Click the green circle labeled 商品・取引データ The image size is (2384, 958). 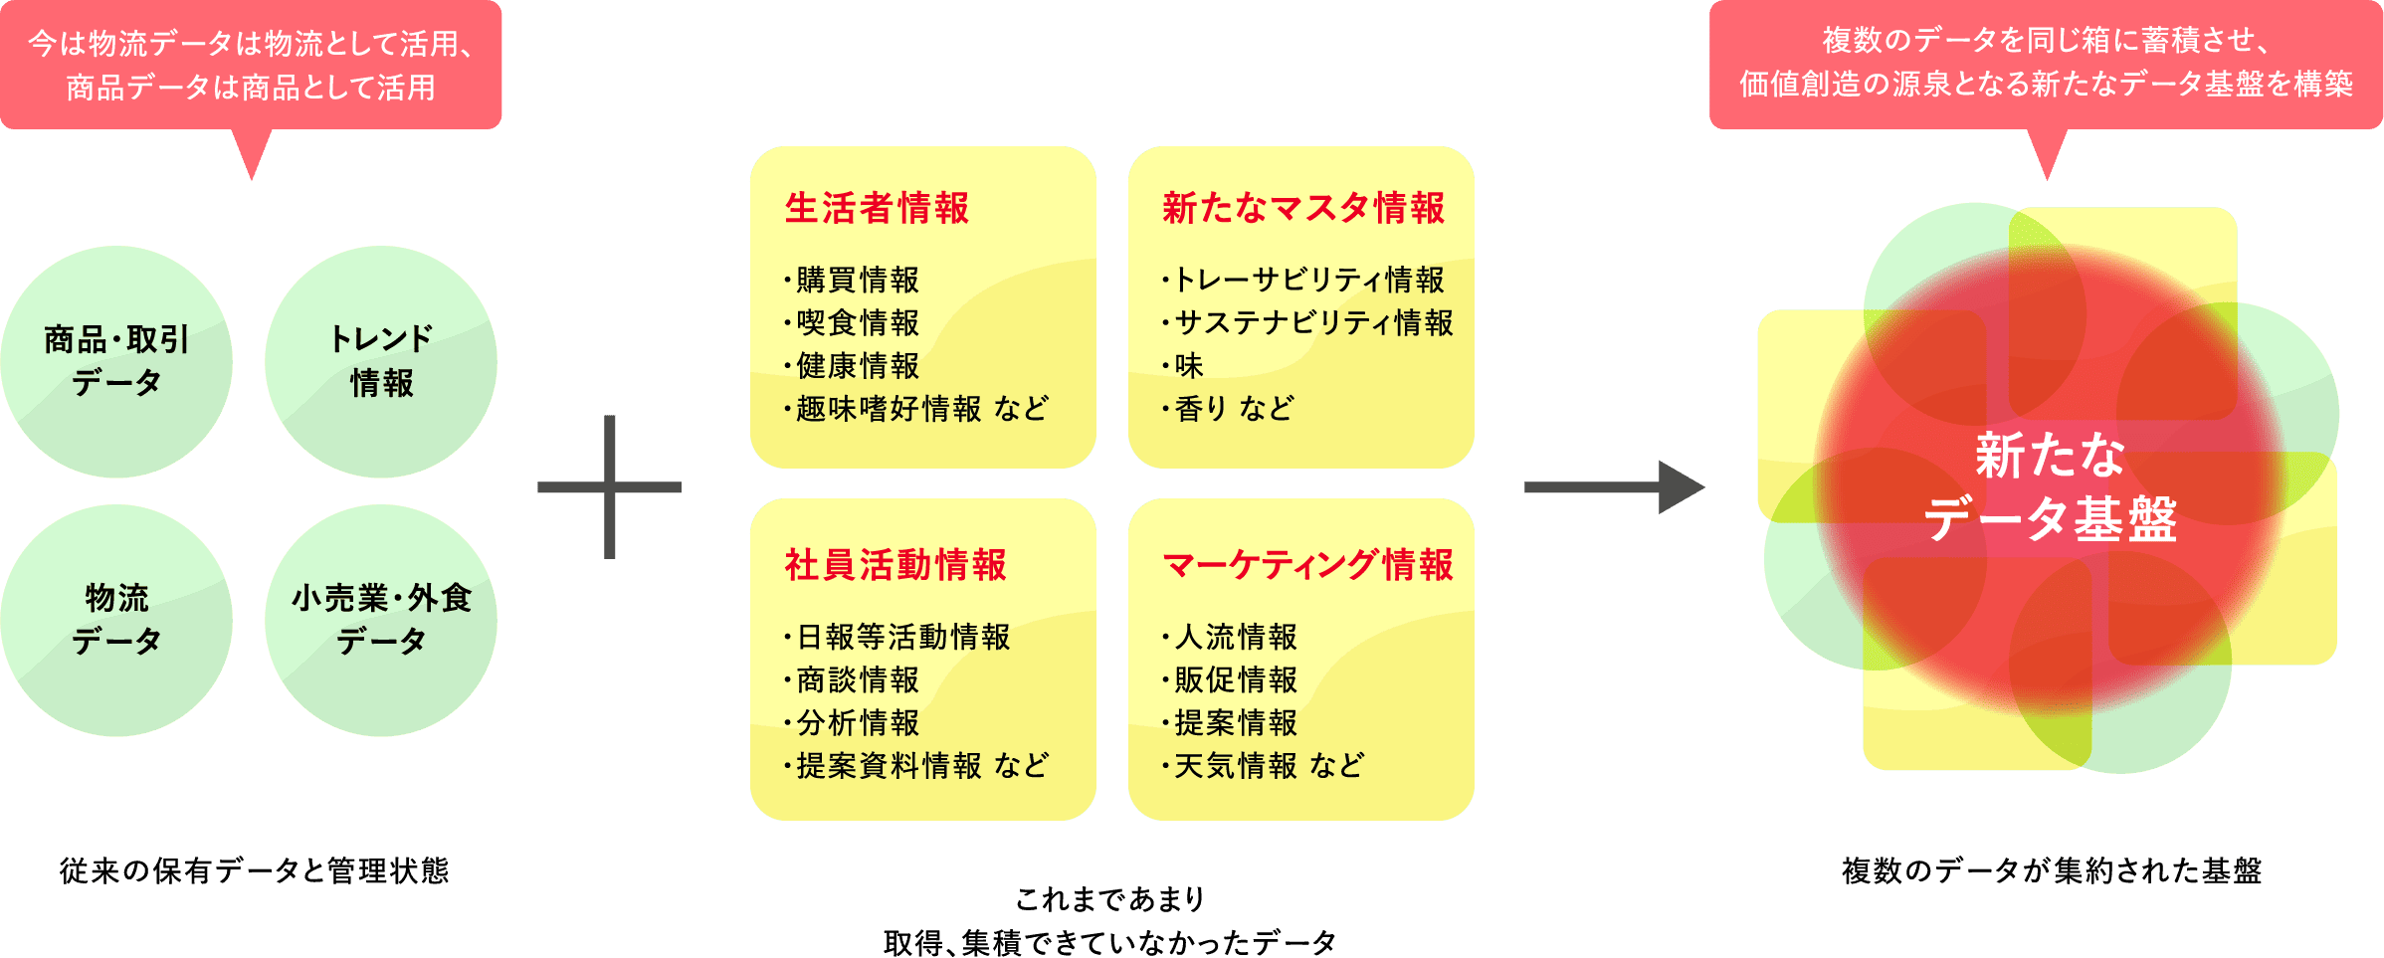click(116, 361)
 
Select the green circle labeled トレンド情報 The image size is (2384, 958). click(381, 361)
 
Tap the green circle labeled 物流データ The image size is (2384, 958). click(116, 620)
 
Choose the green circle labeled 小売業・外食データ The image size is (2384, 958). click(381, 620)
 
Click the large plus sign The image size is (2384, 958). click(610, 487)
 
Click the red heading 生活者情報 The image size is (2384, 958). click(877, 209)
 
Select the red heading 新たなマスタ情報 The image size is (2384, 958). click(1302, 209)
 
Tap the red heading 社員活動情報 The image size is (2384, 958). click(895, 565)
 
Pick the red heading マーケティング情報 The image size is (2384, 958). click(1307, 565)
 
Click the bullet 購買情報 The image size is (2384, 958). click(857, 281)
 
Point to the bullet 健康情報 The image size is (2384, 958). click(857, 366)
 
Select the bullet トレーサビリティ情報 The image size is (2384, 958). click(1308, 281)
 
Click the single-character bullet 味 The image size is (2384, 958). click(1188, 366)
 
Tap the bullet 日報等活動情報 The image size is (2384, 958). click(902, 637)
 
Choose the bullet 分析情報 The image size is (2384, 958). click(857, 722)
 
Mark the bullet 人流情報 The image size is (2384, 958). click(1235, 637)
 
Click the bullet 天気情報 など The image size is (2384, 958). click(1269, 766)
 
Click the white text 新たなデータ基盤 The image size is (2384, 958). click(2050, 487)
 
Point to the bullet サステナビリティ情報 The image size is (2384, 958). click(1313, 323)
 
